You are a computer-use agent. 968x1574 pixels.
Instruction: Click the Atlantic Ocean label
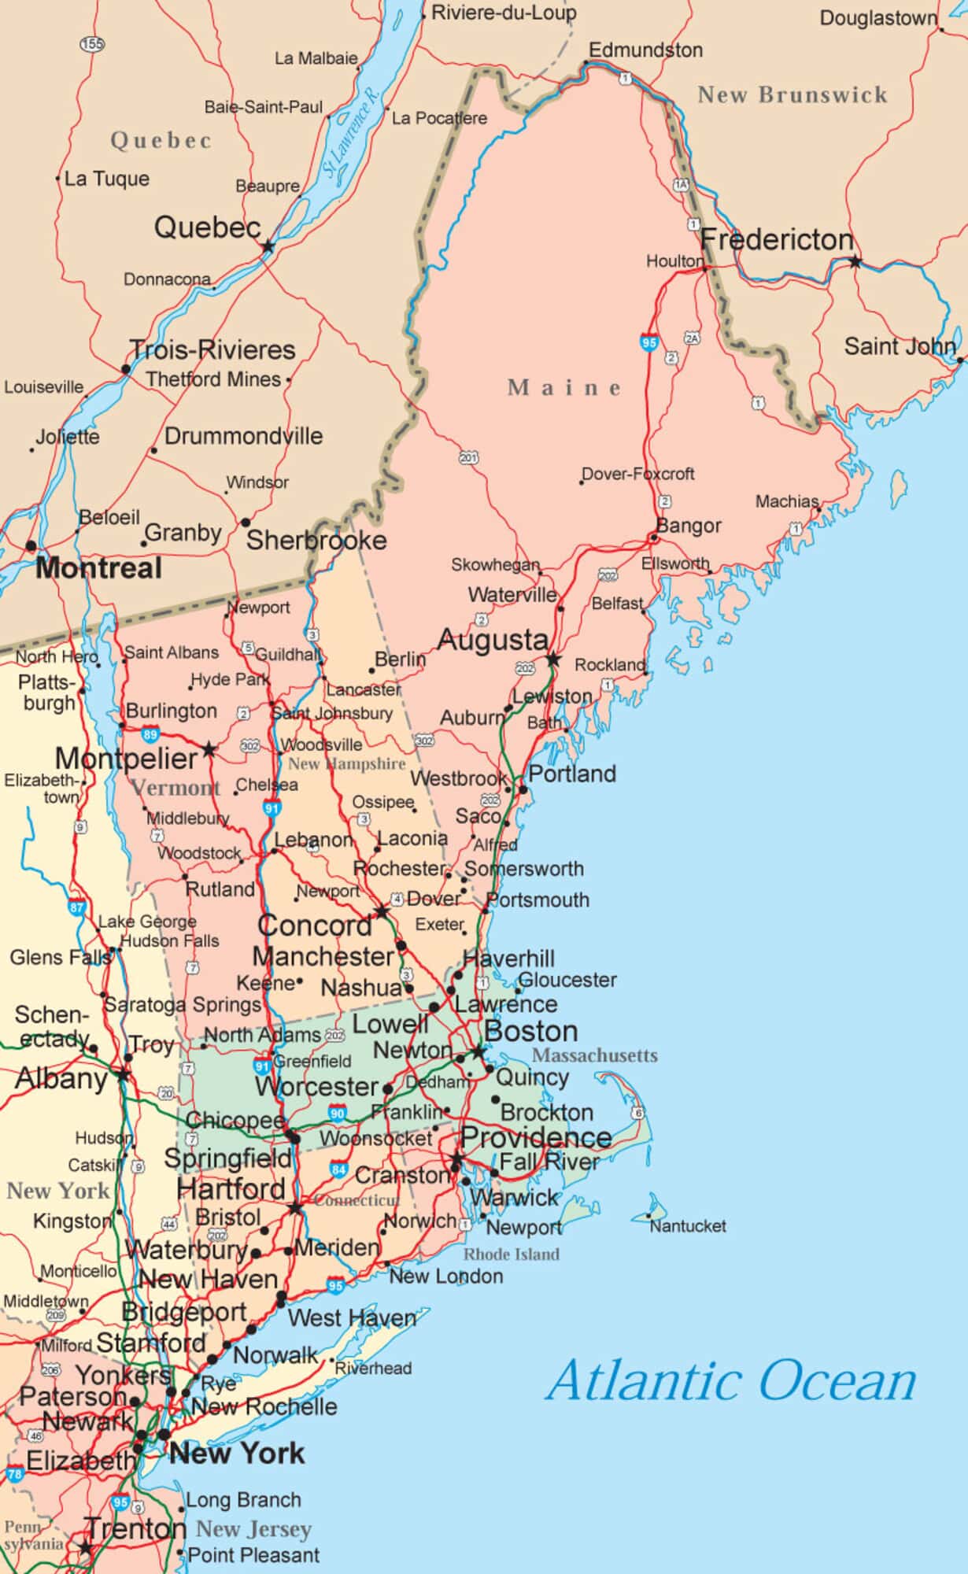coord(732,1381)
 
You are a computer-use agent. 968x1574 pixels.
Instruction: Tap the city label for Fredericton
coord(777,239)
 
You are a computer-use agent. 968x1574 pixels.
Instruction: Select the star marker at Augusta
coord(553,659)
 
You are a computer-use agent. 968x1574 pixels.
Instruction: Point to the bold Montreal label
coord(99,568)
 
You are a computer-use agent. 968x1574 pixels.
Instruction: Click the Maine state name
coord(564,387)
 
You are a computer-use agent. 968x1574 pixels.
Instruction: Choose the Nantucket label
coord(688,1225)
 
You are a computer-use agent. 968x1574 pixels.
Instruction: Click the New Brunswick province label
coord(793,95)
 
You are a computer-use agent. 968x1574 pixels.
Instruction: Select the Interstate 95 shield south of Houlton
coord(648,342)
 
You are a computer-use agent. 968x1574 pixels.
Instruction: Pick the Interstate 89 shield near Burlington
coord(150,735)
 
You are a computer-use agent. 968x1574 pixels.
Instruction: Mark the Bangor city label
coord(689,526)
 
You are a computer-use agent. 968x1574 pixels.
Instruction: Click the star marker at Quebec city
coord(268,246)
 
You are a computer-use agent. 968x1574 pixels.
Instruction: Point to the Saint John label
coord(900,346)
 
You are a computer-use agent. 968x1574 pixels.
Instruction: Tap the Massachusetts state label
coord(595,1055)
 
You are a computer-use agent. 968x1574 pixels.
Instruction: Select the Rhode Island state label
coord(512,1254)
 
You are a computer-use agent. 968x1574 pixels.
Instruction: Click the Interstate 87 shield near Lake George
coord(76,907)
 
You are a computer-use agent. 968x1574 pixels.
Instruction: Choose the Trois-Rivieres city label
coord(212,349)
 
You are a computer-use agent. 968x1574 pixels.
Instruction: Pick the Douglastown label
coord(878,18)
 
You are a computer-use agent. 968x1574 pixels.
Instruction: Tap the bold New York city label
coord(237,1454)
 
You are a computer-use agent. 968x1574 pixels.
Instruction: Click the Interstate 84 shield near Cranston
coord(339,1169)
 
